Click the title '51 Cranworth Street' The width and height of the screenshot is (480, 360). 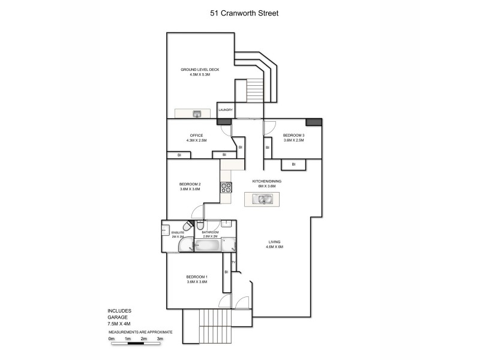tap(240, 11)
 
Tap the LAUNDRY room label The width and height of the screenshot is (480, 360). tap(225, 110)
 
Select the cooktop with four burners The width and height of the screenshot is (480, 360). tap(227, 187)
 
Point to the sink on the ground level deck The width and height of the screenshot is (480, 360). tap(196, 113)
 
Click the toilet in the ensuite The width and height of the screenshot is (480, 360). tap(187, 228)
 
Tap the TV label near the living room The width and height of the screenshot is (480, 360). tap(233, 261)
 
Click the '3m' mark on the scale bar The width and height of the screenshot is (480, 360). tap(160, 339)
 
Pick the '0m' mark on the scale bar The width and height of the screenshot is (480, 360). tap(112, 339)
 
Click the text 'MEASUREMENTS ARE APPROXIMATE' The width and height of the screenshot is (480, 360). tap(140, 331)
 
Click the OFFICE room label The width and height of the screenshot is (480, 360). tap(196, 136)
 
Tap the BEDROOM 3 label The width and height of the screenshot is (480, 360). tap(294, 136)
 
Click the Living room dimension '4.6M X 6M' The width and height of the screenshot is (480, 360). tap(275, 247)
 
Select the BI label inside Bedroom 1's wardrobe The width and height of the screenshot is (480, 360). tap(226, 272)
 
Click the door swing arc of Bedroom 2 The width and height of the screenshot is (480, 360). tap(196, 211)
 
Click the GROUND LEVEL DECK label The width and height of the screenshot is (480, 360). tap(200, 70)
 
